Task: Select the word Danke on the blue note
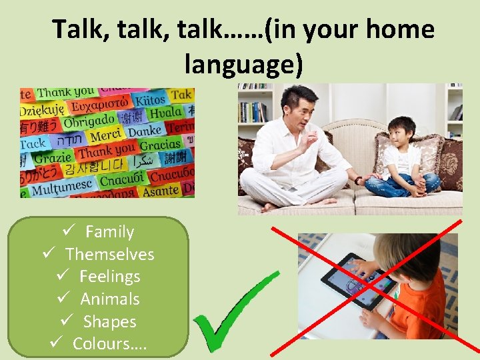(x=145, y=131)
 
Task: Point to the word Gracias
(x=160, y=145)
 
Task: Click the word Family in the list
(x=109, y=232)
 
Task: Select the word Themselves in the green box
(x=109, y=254)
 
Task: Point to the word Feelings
(x=109, y=276)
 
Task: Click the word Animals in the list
(x=109, y=299)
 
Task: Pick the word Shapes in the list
(x=109, y=321)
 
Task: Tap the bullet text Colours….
(x=109, y=343)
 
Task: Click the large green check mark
(x=233, y=313)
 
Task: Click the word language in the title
(x=243, y=64)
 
